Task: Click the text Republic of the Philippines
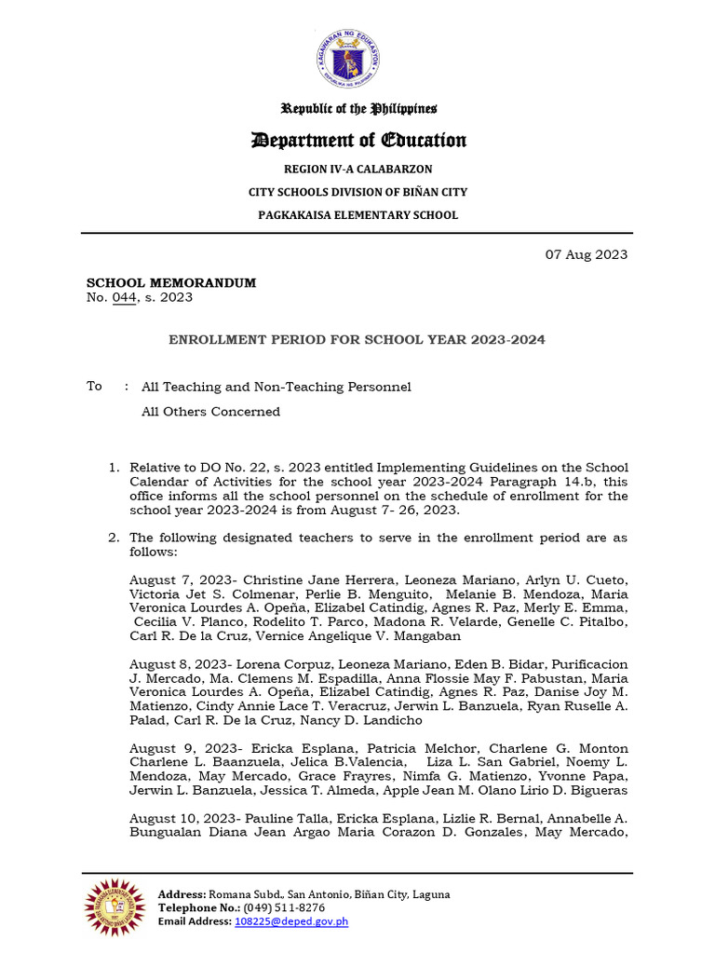pyautogui.click(x=361, y=109)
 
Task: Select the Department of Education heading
pyautogui.click(x=357, y=141)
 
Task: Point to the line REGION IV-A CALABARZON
pyautogui.click(x=357, y=169)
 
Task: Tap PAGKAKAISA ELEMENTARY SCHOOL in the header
pyautogui.click(x=357, y=215)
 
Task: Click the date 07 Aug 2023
pyautogui.click(x=585, y=254)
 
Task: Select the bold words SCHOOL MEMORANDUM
pyautogui.click(x=171, y=282)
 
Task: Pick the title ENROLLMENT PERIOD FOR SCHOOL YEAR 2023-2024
pyautogui.click(x=357, y=340)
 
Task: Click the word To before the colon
pyautogui.click(x=94, y=386)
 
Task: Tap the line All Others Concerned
pyautogui.click(x=210, y=412)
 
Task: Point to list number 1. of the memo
pyautogui.click(x=115, y=467)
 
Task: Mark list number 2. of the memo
pyautogui.click(x=115, y=538)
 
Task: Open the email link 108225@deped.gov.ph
pyautogui.click(x=291, y=921)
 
